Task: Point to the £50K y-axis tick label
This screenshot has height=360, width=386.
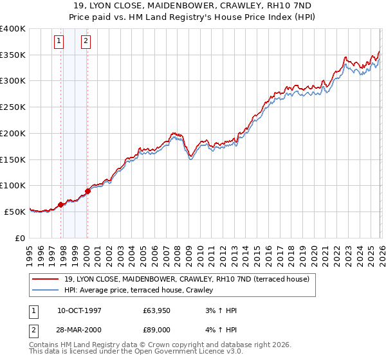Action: coord(15,212)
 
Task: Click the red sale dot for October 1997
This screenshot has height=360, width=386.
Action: coord(61,204)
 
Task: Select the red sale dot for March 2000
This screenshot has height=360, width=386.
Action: coord(87,191)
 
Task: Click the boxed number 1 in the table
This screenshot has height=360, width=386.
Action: coord(33,310)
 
